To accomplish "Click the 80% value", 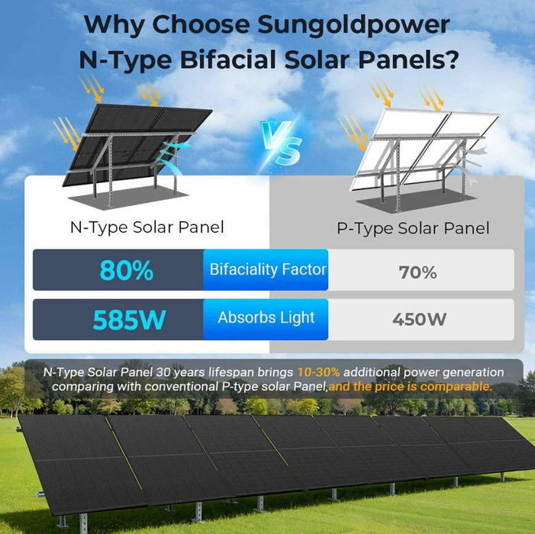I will tap(126, 271).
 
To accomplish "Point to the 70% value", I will tap(417, 272).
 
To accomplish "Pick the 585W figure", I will tap(129, 320).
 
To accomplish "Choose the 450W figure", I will tap(419, 320).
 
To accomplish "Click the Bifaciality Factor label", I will tap(268, 269).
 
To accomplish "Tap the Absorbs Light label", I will tap(266, 317).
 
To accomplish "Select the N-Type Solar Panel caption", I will tap(147, 227).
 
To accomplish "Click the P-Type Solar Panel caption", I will tap(413, 227).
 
